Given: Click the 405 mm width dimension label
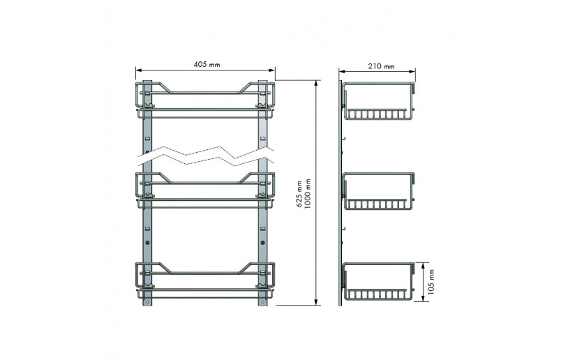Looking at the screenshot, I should point(206,65).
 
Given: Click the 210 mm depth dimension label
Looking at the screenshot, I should point(380,66).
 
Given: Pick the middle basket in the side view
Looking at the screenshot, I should point(377,190).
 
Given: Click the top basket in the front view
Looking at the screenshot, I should point(206,100).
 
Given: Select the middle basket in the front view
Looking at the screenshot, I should point(206,189).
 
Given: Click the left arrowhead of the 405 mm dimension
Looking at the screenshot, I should point(138,70).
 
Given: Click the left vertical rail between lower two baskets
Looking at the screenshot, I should point(147,234).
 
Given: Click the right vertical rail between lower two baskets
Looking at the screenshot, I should point(263,234).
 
